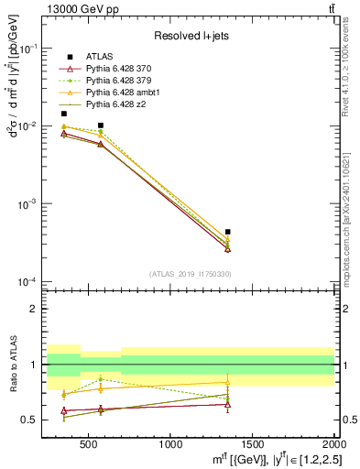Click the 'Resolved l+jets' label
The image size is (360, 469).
pyautogui.click(x=190, y=36)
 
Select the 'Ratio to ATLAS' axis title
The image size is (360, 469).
pyautogui.click(x=13, y=364)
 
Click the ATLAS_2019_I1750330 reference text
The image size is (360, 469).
pyautogui.click(x=189, y=274)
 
